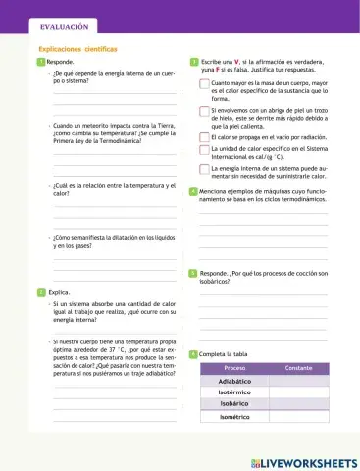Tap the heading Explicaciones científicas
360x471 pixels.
pyautogui.click(x=77, y=48)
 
